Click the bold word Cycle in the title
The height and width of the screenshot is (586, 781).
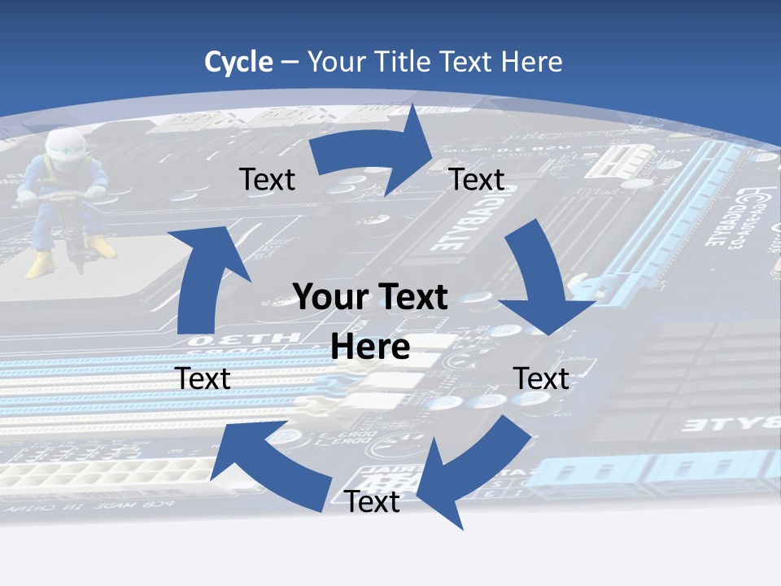tap(238, 62)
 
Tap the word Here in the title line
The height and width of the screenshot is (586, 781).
tap(532, 62)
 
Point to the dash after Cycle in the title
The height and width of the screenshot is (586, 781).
tap(290, 63)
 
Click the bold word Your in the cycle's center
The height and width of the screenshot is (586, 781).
tap(330, 297)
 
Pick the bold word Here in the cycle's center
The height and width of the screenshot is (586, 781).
tap(370, 347)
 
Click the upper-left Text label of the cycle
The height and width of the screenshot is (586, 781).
tap(267, 179)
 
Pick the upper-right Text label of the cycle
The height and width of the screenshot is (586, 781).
tap(477, 179)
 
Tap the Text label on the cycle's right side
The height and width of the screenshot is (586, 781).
tap(541, 378)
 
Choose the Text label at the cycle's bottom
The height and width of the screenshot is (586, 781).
tap(372, 502)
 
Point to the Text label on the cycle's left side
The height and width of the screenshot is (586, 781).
tap(203, 378)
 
